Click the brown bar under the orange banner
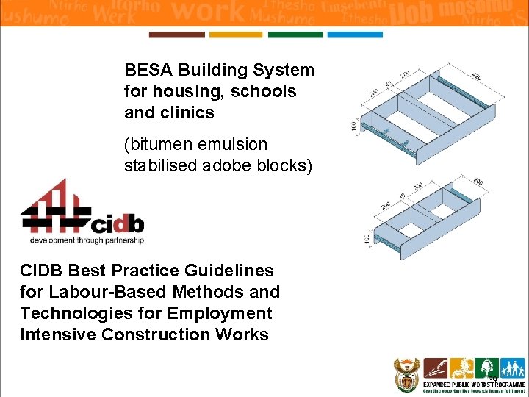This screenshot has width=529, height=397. point(176,35)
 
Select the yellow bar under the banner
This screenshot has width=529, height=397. point(235,35)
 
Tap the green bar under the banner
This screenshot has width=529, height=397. point(295,35)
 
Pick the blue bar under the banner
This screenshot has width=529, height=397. point(354,35)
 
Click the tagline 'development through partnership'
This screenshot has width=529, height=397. point(86,240)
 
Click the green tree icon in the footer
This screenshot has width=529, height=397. point(485,367)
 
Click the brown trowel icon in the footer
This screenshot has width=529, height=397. point(435,367)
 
